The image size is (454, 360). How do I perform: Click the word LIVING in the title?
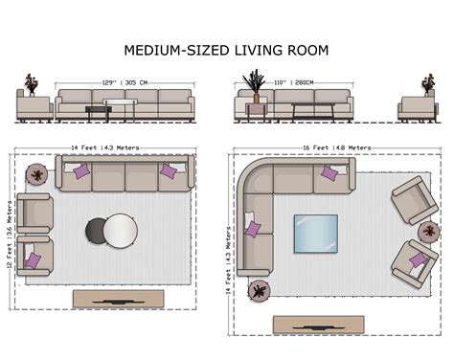click(260, 50)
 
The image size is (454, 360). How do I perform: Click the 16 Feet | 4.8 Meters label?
click(331, 148)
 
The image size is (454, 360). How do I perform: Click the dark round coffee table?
click(98, 230)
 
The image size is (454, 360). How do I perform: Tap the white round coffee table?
click(121, 230)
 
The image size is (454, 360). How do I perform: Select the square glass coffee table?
click(315, 232)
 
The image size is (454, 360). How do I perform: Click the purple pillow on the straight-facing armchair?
click(33, 260)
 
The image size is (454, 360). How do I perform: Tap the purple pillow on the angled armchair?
click(419, 259)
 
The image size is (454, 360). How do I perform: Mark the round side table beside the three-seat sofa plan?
click(36, 174)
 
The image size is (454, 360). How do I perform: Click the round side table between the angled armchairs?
click(429, 231)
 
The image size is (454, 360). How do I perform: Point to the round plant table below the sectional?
click(259, 290)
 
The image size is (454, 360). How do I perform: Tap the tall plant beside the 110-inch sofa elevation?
click(256, 84)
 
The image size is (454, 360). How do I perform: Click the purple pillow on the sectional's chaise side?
click(253, 230)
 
